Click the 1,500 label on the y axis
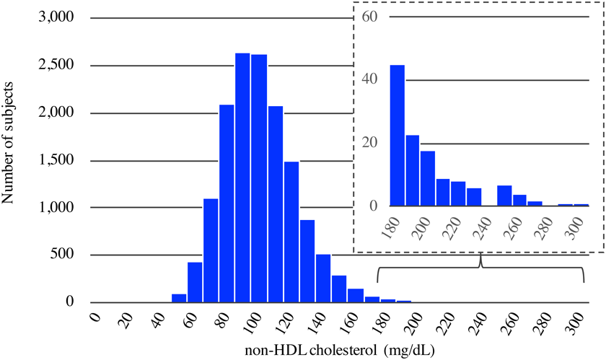pyautogui.click(x=56, y=160)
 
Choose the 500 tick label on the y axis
pyautogui.click(x=65, y=255)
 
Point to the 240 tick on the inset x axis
pyautogui.click(x=484, y=229)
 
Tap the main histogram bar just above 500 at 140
pyautogui.click(x=322, y=278)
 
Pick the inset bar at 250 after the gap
pyautogui.click(x=504, y=196)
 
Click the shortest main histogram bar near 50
pyautogui.click(x=179, y=298)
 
